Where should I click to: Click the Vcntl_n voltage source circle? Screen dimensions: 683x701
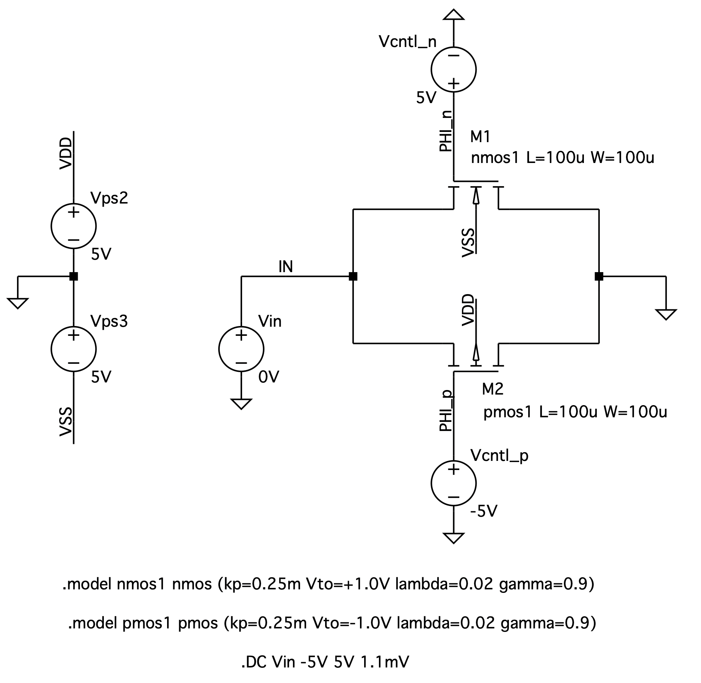tap(453, 69)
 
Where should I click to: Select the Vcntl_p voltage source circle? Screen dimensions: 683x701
tap(453, 483)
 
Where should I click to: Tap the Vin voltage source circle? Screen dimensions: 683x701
tap(241, 349)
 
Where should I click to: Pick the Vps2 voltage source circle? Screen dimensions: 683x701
tap(74, 226)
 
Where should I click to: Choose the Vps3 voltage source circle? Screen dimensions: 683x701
tap(74, 349)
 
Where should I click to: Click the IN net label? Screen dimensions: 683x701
tap(285, 267)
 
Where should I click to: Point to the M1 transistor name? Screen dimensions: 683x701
tap(480, 136)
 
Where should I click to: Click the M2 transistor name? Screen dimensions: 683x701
tap(492, 389)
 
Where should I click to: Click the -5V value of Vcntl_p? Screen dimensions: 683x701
tap(484, 512)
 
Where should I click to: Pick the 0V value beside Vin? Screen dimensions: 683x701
tap(268, 377)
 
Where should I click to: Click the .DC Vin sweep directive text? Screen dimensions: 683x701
tap(325, 662)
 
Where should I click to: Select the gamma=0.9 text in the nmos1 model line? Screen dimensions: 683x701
tap(546, 584)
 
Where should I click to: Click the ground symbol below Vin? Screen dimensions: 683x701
tap(241, 404)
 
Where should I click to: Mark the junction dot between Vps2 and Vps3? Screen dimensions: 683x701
tap(74, 276)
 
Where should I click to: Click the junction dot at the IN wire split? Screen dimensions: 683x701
tap(353, 276)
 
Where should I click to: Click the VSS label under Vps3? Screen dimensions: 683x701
tap(66, 422)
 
